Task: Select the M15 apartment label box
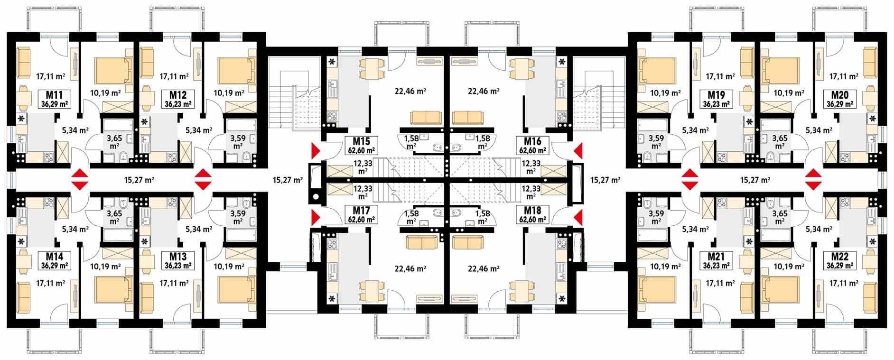pos(362,146)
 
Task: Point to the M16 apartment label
pos(532,146)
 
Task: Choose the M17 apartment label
pos(362,215)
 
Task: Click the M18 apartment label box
pos(532,215)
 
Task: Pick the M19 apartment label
pos(717,99)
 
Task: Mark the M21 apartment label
pos(717,261)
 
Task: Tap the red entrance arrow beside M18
pos(578,218)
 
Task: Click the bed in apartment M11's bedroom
pos(112,71)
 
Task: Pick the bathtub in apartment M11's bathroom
pos(119,126)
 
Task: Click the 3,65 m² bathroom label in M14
pos(114,217)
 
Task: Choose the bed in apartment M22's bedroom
pos(779,289)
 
